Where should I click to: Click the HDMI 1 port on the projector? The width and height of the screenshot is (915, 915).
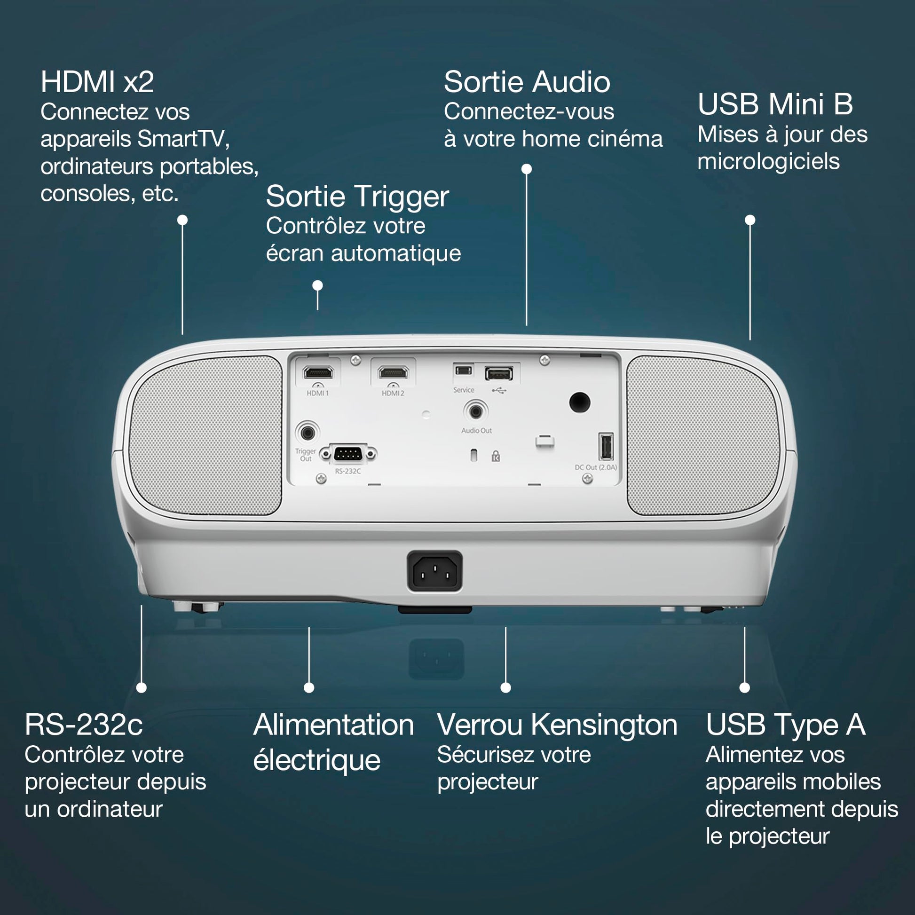pyautogui.click(x=318, y=373)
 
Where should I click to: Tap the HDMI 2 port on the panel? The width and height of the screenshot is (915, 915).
pyautogui.click(x=393, y=373)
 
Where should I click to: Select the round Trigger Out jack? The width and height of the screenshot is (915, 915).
pyautogui.click(x=308, y=433)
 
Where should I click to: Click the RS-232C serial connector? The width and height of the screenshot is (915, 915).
pyautogui.click(x=348, y=454)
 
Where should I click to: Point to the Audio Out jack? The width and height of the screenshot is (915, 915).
pyautogui.click(x=475, y=411)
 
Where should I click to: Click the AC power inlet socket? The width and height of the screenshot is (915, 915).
pyautogui.click(x=435, y=572)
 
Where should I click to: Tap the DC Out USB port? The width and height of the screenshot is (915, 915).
pyautogui.click(x=606, y=447)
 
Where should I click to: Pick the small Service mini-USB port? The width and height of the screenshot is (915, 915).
pyautogui.click(x=463, y=370)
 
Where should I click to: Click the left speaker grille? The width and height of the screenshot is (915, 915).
pyautogui.click(x=206, y=436)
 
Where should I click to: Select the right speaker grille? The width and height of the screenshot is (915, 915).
pyautogui.click(x=703, y=436)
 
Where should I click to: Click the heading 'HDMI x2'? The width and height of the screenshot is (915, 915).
pyautogui.click(x=97, y=82)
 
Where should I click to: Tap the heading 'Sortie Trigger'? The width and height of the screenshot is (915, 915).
pyautogui.click(x=357, y=197)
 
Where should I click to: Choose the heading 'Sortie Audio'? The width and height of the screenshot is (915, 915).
pyautogui.click(x=527, y=82)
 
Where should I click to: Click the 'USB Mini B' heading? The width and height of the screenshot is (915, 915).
pyautogui.click(x=775, y=104)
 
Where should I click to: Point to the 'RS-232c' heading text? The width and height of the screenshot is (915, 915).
pyautogui.click(x=84, y=725)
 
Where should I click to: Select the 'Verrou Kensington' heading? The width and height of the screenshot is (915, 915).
pyautogui.click(x=558, y=725)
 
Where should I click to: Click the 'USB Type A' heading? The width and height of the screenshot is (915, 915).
pyautogui.click(x=786, y=725)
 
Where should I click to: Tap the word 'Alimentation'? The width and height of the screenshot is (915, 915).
pyautogui.click(x=334, y=725)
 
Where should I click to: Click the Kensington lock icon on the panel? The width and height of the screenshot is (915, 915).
pyautogui.click(x=496, y=456)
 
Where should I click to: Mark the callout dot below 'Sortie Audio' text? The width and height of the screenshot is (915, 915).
pyautogui.click(x=527, y=169)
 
